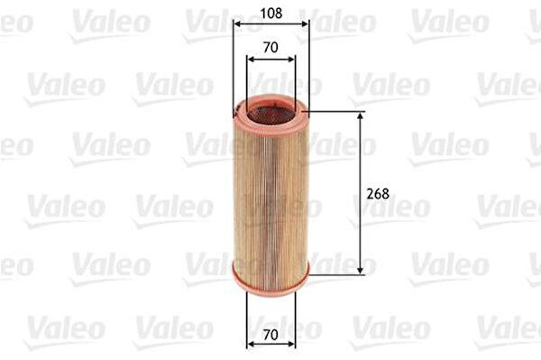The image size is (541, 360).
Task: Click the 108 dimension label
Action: click(271, 14)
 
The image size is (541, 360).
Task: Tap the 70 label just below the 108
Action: click(270, 47)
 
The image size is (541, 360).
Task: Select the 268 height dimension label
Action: click(378, 194)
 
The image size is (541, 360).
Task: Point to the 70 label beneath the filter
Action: click(270, 334)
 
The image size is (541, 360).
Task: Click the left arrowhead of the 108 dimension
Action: click(236, 24)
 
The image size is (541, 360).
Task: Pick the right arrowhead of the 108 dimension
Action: click(305, 24)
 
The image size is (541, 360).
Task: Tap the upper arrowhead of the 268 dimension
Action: click(360, 116)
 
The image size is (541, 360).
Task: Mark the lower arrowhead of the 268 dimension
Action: click(360, 272)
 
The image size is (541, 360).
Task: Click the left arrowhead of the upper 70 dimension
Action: click(251, 60)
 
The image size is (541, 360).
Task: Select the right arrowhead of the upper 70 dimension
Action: click(291, 60)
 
